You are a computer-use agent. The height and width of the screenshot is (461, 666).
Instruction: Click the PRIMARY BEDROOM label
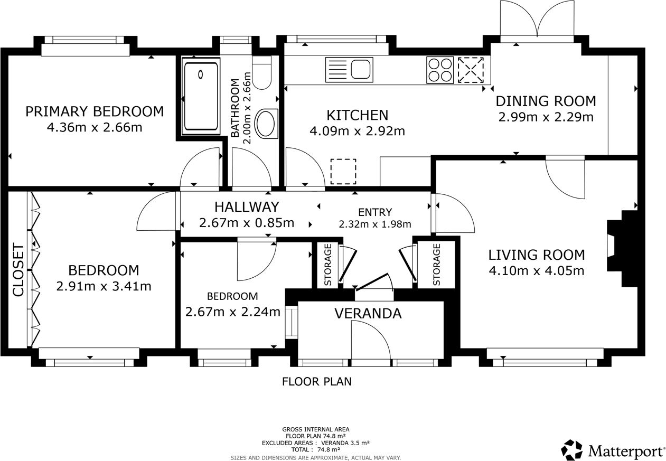point(95,111)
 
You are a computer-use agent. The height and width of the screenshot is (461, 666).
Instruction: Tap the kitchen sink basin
point(361,69)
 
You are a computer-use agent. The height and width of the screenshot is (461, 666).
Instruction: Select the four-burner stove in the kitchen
point(440,70)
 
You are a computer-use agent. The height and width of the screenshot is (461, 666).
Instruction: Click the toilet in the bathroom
point(261,72)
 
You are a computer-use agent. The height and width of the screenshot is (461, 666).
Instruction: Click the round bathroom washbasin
point(266,124)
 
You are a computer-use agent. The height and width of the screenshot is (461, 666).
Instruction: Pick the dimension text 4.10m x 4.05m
point(537,271)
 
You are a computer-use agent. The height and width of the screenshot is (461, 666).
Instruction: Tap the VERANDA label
point(368,314)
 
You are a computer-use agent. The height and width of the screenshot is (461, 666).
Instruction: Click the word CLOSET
point(18,270)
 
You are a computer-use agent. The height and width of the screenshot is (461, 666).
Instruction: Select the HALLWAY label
point(247,207)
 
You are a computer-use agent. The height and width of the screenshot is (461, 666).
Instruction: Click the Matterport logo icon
point(571,449)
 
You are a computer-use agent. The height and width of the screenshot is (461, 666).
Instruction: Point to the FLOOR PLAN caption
point(317,382)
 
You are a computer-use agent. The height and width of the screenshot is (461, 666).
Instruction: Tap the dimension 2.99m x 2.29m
point(546,117)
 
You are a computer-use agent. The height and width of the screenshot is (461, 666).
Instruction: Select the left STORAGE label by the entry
point(327,265)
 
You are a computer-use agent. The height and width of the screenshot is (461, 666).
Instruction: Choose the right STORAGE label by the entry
point(436,265)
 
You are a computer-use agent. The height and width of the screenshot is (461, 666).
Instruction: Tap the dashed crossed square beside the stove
point(471,70)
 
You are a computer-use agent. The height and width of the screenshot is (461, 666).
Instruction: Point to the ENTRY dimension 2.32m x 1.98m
point(375,224)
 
